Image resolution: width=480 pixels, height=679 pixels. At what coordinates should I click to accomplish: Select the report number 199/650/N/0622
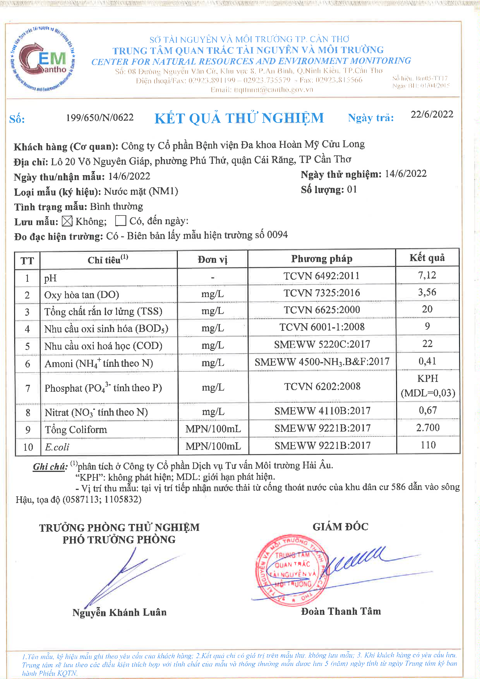coord(100,117)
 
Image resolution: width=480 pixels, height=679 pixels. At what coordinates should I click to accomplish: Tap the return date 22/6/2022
coord(432,114)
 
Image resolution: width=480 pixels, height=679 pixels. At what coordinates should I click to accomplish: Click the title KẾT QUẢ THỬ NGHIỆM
coord(239,118)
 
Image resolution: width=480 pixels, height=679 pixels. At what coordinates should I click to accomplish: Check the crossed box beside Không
coord(67,221)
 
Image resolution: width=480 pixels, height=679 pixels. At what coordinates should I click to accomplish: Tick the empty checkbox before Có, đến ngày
coord(121,220)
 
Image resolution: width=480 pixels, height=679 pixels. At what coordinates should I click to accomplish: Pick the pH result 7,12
coord(427,275)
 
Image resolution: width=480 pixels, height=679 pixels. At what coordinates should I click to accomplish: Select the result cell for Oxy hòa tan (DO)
coord(427,292)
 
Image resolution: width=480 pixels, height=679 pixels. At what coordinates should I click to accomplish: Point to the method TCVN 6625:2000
coord(322,310)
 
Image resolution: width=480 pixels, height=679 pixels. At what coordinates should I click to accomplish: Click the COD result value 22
coord(427,344)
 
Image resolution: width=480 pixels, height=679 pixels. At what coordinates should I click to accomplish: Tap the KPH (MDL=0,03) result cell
coord(428,386)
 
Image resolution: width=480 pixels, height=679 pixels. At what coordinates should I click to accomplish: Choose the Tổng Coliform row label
coord(76,430)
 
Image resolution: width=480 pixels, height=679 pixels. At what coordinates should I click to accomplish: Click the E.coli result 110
coord(428,445)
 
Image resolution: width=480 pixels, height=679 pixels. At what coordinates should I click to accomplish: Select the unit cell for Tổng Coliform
coord(213,429)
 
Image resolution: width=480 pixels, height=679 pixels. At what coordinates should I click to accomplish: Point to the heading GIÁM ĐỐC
coord(340,527)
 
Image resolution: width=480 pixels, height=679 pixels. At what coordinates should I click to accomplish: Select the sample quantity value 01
coord(352,189)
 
